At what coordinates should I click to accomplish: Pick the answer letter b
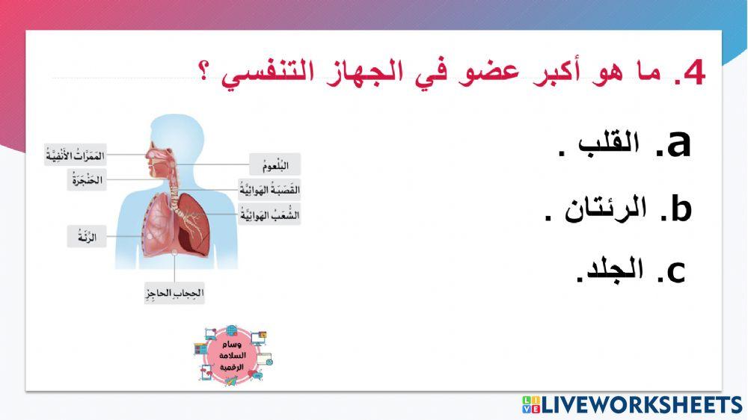coord(680,209)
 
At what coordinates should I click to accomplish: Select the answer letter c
coord(675,272)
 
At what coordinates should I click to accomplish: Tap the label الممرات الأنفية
coord(75,155)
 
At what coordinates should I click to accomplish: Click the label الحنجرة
coord(87,179)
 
